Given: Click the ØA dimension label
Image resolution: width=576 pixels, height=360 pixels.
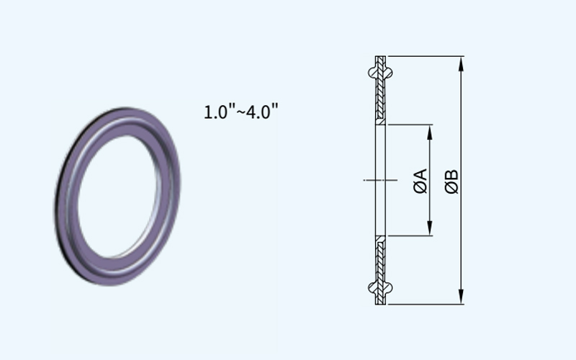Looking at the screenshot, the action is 420,181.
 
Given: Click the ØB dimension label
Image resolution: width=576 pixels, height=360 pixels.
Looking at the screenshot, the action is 451,181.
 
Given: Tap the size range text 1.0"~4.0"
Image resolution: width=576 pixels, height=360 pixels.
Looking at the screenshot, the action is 241,112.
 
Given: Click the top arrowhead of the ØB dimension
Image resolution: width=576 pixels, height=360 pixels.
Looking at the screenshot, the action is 462,63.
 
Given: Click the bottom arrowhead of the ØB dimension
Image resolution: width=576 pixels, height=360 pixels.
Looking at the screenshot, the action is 462,297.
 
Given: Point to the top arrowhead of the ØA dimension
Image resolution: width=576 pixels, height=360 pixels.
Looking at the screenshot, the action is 430,132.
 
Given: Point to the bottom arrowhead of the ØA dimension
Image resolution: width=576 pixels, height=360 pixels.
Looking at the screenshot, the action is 430,228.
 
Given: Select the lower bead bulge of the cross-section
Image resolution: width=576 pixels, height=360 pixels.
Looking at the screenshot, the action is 380,288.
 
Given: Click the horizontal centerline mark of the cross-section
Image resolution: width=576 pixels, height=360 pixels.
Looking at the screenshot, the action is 380,180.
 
